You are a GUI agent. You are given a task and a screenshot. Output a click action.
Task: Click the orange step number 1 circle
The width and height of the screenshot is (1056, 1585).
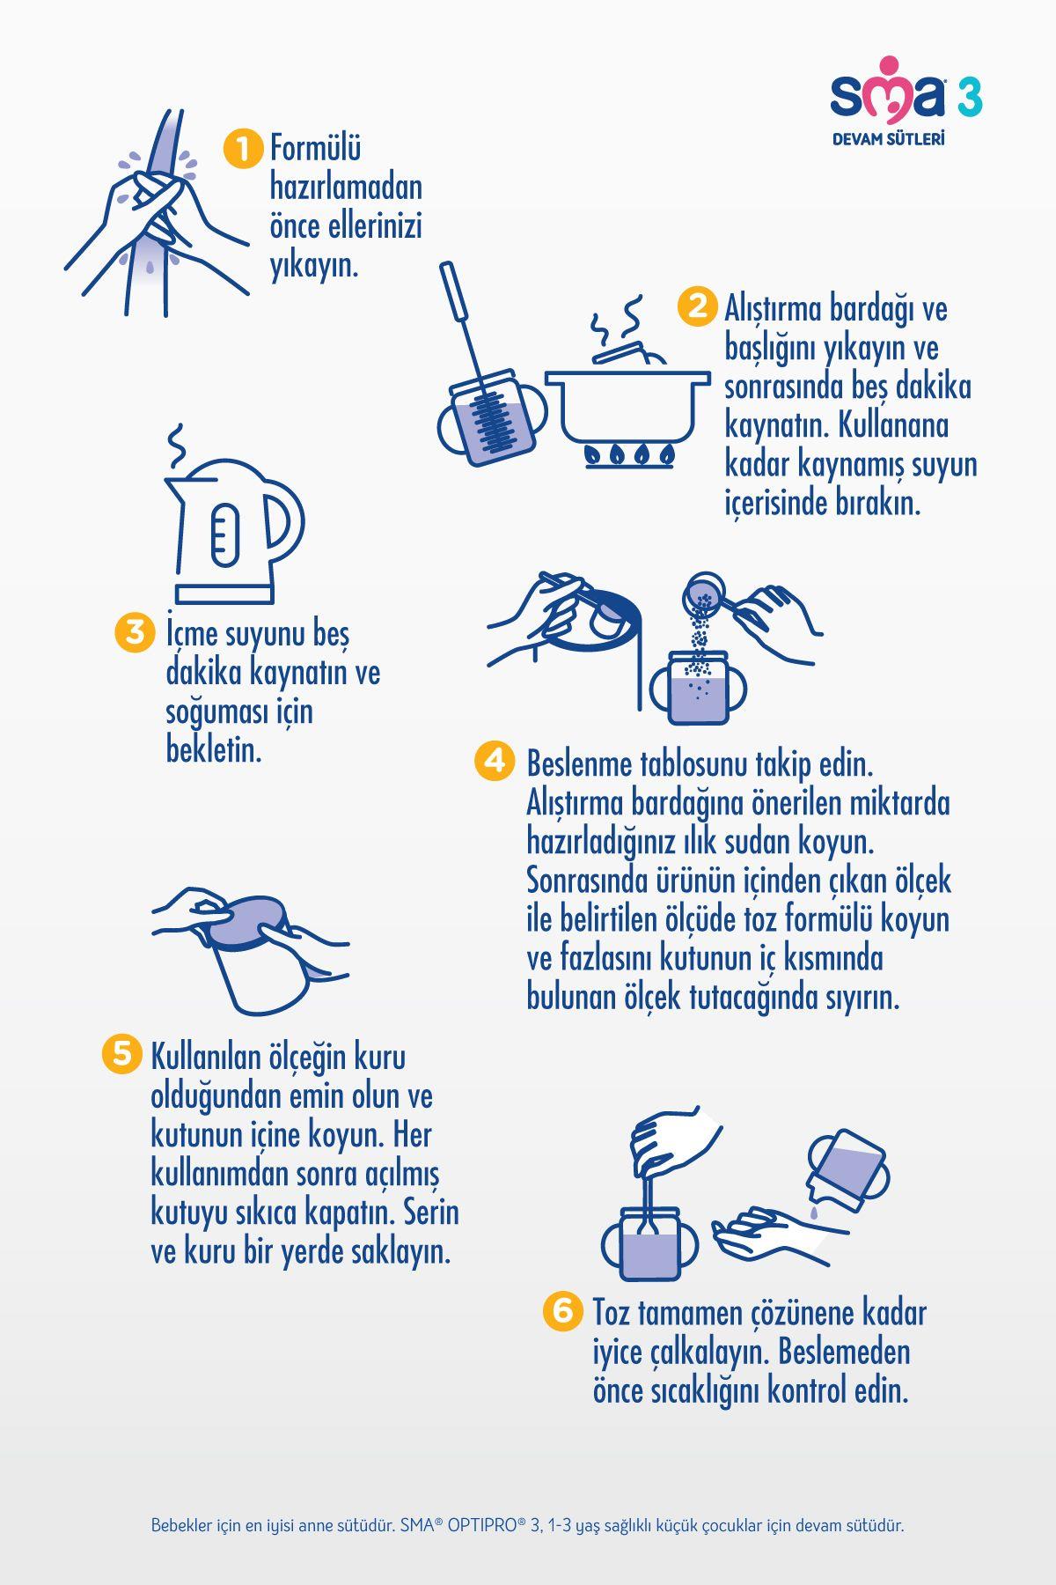click(243, 149)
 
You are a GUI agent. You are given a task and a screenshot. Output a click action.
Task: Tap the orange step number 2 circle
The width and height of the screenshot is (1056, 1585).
click(697, 307)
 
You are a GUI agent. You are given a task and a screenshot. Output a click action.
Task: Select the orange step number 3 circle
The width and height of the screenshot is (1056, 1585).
click(135, 632)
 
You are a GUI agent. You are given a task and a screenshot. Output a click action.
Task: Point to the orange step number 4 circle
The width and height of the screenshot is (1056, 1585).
click(495, 761)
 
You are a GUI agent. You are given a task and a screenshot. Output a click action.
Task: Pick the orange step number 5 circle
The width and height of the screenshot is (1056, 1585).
click(121, 1053)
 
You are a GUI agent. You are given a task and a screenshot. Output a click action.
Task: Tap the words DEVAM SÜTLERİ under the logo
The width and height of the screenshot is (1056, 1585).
click(889, 138)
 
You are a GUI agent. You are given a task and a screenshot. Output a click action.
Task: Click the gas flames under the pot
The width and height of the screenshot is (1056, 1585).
click(629, 454)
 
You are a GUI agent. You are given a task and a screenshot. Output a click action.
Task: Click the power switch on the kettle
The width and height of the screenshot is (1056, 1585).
click(224, 535)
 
